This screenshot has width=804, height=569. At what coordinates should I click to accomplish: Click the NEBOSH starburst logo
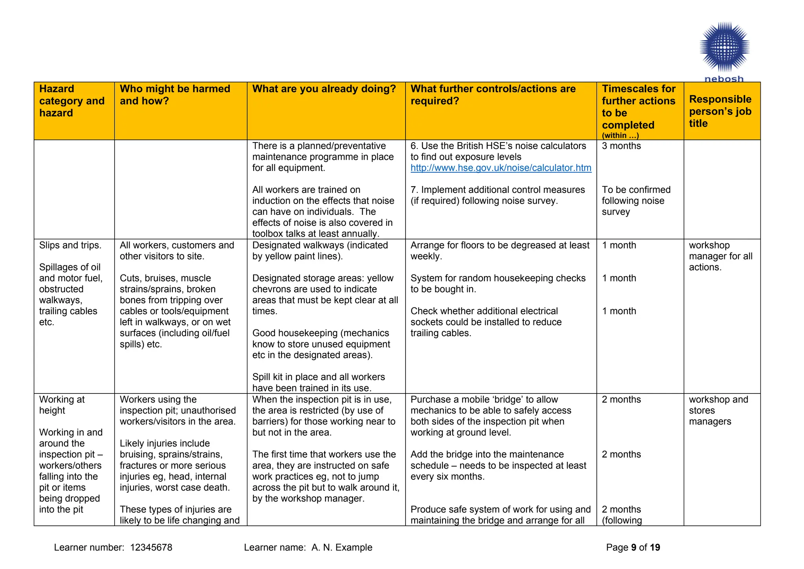724,48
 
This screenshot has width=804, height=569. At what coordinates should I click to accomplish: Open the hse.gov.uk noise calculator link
501,168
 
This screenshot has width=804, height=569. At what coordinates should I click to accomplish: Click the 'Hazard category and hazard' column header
72,101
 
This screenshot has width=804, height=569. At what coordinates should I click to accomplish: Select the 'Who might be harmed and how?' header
175,95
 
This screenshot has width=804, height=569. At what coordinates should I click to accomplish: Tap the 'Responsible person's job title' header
720,111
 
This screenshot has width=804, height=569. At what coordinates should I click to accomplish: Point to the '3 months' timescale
621,146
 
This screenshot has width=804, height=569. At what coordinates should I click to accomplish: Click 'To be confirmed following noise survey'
636,201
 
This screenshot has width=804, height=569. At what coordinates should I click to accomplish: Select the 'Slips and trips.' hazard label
70,245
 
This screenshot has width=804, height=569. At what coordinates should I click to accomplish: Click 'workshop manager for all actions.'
720,256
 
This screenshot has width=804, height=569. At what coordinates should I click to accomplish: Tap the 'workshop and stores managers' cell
718,410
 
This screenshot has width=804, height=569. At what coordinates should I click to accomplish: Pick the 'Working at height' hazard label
62,405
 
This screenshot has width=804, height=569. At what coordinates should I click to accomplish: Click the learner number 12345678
151,547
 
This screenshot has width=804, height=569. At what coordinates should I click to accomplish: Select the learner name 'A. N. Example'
342,547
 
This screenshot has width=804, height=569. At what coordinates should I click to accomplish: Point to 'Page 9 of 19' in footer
633,547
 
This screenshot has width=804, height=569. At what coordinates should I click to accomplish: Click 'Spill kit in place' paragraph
318,382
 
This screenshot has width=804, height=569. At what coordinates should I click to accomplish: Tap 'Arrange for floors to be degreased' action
499,251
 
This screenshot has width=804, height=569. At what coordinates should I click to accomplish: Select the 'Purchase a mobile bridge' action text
490,416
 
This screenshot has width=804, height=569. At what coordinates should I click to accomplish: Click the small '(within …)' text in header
620,135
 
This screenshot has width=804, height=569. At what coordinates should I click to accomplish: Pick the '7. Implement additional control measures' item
497,195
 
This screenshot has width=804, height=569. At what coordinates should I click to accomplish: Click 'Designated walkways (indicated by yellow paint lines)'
320,251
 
